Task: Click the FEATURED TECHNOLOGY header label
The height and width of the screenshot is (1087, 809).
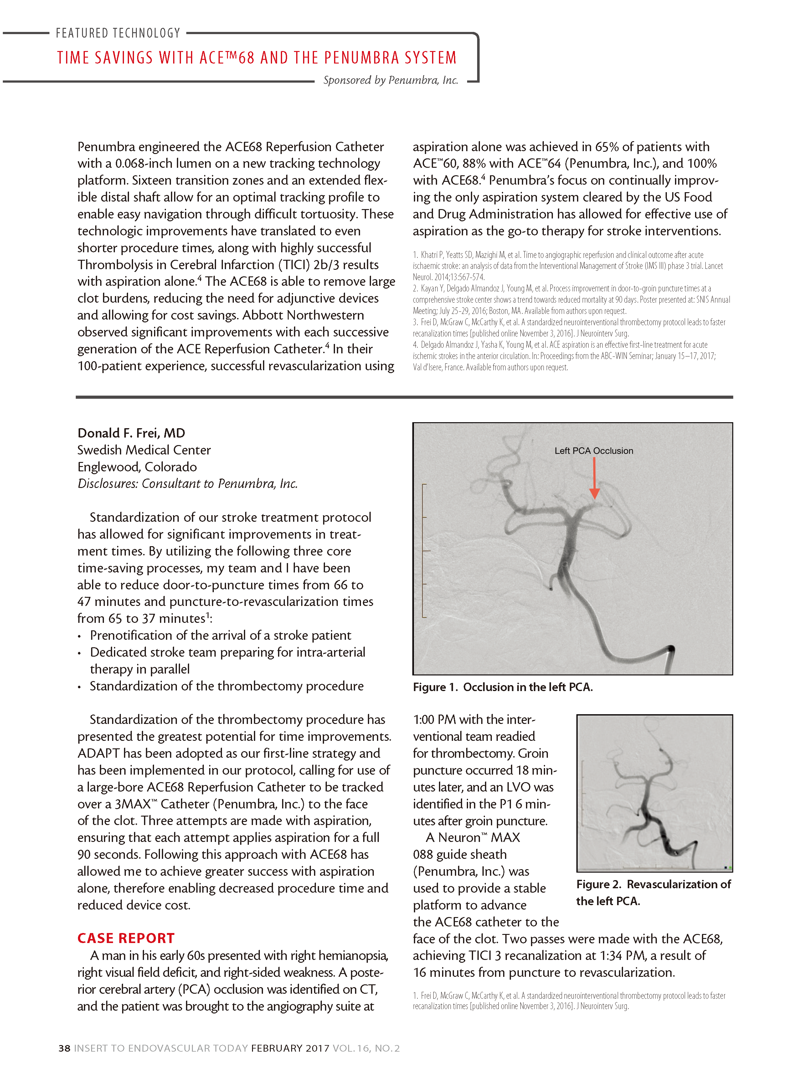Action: pos(118,33)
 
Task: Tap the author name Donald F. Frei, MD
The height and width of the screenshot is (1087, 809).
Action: pos(131,433)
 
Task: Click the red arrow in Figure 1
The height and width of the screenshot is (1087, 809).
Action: pos(594,479)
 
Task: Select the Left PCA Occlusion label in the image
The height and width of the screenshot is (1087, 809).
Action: pos(594,451)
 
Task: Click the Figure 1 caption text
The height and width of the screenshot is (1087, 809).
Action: pos(502,687)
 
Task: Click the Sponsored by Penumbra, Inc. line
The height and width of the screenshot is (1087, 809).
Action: pos(390,80)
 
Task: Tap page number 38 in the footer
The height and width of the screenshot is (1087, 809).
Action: pos(64,1048)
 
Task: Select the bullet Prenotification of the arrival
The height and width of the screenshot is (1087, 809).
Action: pos(220,635)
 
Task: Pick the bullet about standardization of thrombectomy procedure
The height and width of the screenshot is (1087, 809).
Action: pos(226,686)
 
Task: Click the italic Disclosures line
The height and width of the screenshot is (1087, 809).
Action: pos(188,484)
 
